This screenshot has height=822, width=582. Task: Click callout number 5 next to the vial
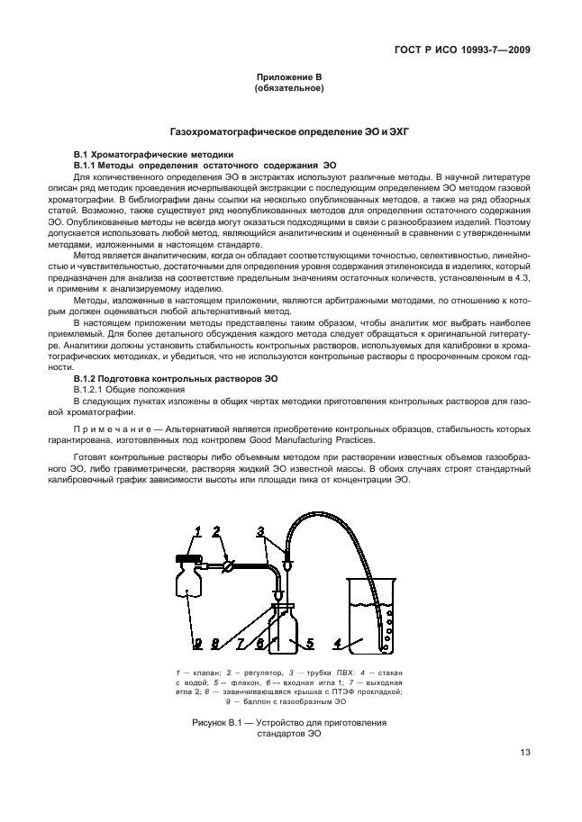pos(308,645)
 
